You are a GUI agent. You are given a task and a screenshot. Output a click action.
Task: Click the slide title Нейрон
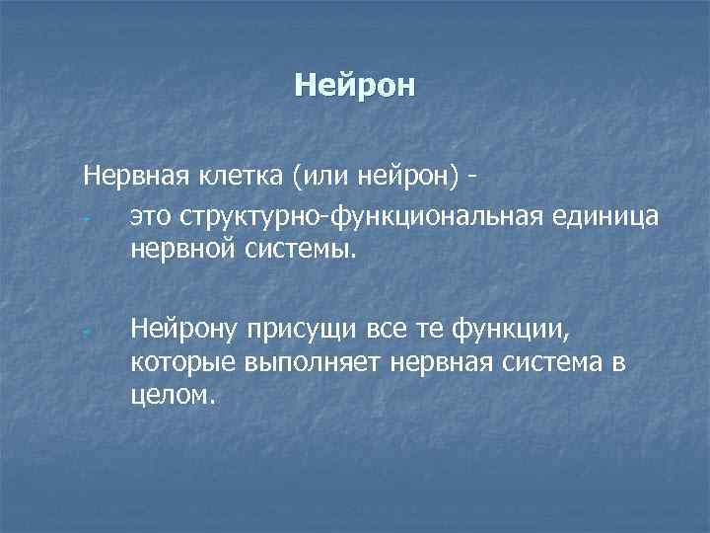pos(355,87)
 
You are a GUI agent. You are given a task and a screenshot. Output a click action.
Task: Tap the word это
pos(148,215)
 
